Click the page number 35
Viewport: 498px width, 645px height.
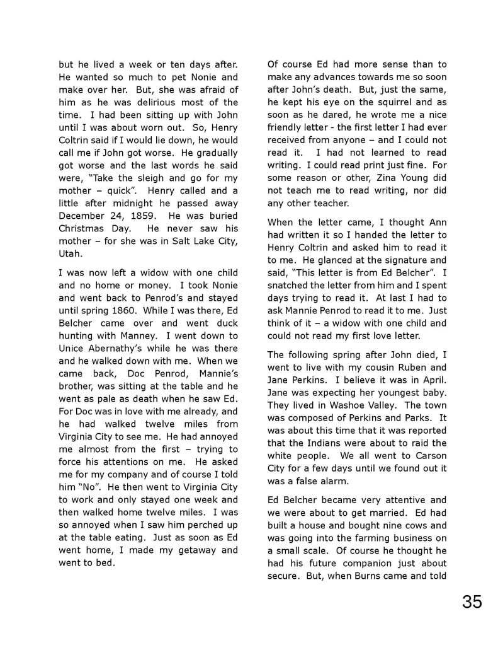point(472,602)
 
